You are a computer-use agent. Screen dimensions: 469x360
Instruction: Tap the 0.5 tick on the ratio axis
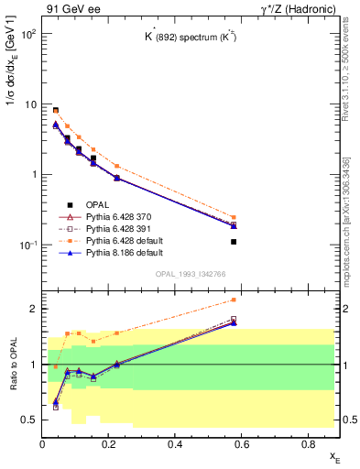(x=31, y=420)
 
